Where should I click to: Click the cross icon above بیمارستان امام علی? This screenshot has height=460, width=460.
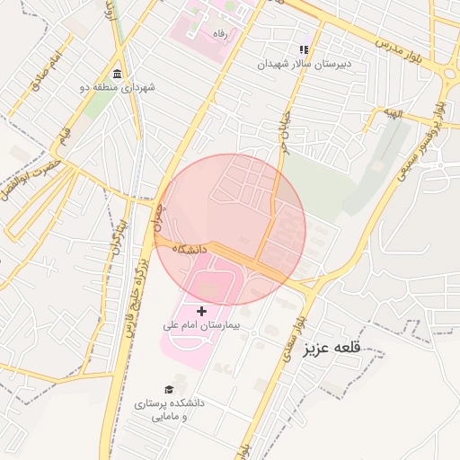pyautogui.click(x=200, y=310)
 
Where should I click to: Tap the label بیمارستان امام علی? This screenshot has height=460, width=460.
pyautogui.click(x=200, y=324)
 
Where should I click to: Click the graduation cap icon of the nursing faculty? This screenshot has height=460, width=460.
pyautogui.click(x=168, y=389)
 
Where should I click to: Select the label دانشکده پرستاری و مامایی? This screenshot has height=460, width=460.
pyautogui.click(x=168, y=410)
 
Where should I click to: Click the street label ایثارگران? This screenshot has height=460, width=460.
pyautogui.click(x=113, y=235)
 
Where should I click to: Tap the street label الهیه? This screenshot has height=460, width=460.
pyautogui.click(x=394, y=112)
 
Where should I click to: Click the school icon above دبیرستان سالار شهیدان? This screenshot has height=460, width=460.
pyautogui.click(x=304, y=49)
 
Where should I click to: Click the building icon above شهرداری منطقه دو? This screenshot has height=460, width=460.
pyautogui.click(x=117, y=73)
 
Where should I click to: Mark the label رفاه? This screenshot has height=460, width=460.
pyautogui.click(x=217, y=33)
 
